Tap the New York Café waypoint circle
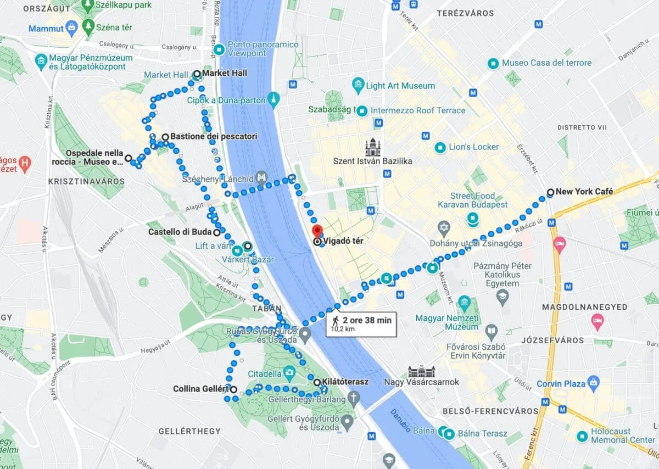[x=550, y=192]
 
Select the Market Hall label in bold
[x=225, y=73]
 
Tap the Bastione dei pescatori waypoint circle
[x=165, y=137]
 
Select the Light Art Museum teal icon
[x=358, y=85]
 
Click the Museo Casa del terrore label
[x=546, y=63]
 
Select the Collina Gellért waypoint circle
[x=233, y=389]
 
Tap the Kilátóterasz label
[x=345, y=382]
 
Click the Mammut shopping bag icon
[x=71, y=26]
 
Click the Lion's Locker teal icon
[x=440, y=147]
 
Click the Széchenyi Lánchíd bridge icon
[x=263, y=178]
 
